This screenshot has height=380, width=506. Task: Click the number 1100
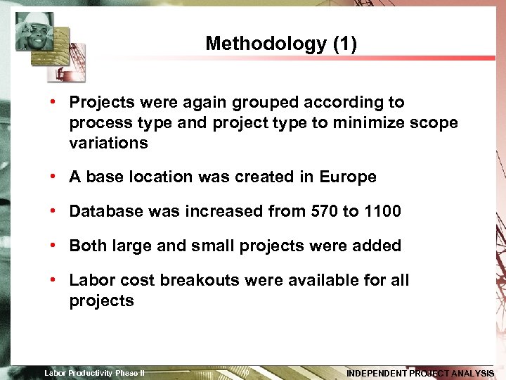(382, 212)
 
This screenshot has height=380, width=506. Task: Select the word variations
(108, 144)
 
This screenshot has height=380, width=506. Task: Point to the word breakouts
(197, 281)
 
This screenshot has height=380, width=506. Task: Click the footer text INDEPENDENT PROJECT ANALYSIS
(420, 374)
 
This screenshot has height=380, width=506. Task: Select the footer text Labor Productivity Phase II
(95, 373)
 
